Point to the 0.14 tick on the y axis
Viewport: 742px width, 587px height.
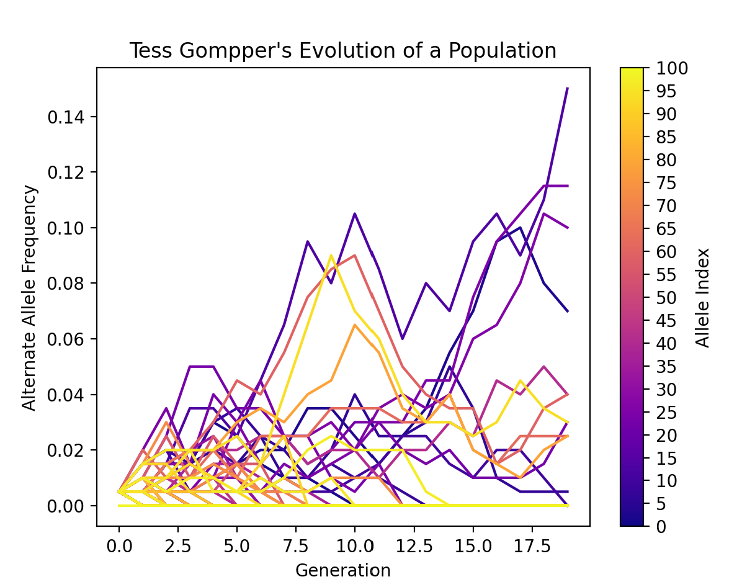point(69,117)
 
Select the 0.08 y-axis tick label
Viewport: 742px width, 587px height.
point(69,284)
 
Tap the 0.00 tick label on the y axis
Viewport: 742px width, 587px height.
point(69,506)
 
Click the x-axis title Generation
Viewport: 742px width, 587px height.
point(342,570)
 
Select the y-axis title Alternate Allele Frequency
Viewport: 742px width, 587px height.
point(30,297)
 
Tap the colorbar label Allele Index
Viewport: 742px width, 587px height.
point(702,297)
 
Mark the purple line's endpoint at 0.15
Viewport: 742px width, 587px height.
point(568,89)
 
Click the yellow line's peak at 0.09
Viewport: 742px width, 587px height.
point(331,255)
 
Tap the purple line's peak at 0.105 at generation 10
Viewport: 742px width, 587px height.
point(354,213)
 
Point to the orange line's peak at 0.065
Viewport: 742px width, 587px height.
point(354,325)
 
